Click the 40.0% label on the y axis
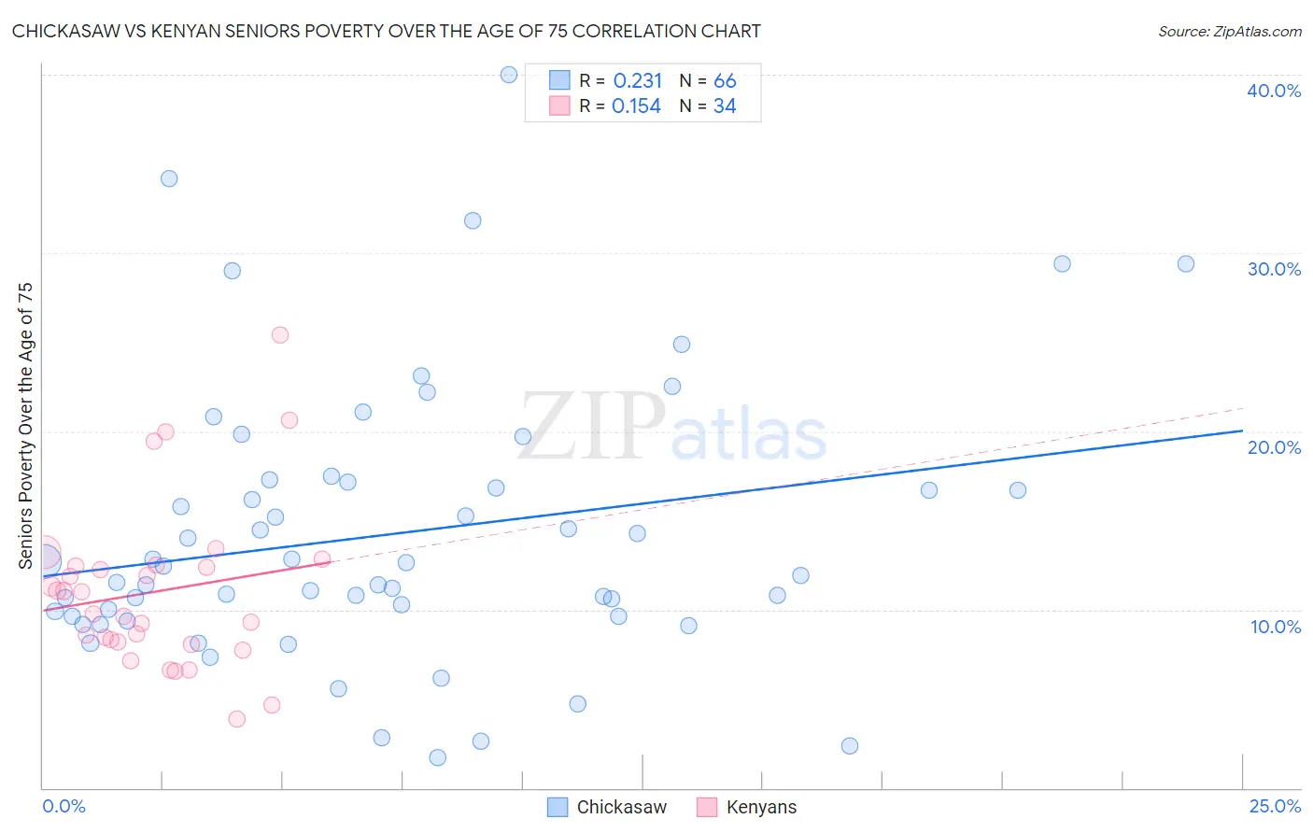click(x=1274, y=91)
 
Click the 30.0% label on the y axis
click(x=1274, y=269)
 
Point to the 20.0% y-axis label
click(x=1274, y=447)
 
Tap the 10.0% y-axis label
click(x=1276, y=627)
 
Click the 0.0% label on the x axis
click(x=64, y=806)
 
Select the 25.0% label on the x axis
click(x=1275, y=806)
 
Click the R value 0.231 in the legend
click(x=638, y=81)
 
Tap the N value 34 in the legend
click(x=725, y=106)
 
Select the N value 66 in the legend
click(x=725, y=81)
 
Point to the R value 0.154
click(x=636, y=106)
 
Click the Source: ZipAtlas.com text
click(x=1230, y=32)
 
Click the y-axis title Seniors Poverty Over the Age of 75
click(x=26, y=426)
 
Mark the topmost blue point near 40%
click(x=509, y=75)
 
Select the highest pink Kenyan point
click(x=280, y=335)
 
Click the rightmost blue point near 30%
click(x=1186, y=264)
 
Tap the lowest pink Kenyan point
click(x=237, y=719)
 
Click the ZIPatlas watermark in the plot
click(x=672, y=428)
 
